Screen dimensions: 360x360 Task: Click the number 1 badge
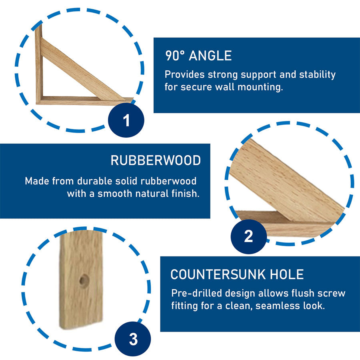coord(126,120)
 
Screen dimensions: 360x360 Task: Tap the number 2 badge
coord(248,236)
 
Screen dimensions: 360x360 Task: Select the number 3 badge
coord(133,339)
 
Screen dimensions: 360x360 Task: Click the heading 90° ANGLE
coord(198,56)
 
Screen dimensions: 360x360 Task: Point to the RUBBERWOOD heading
coord(156,160)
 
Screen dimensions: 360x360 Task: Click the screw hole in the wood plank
coord(84,280)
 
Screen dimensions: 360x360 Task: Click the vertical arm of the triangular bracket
coord(38,64)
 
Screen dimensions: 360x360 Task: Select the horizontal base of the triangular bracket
coord(80,100)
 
